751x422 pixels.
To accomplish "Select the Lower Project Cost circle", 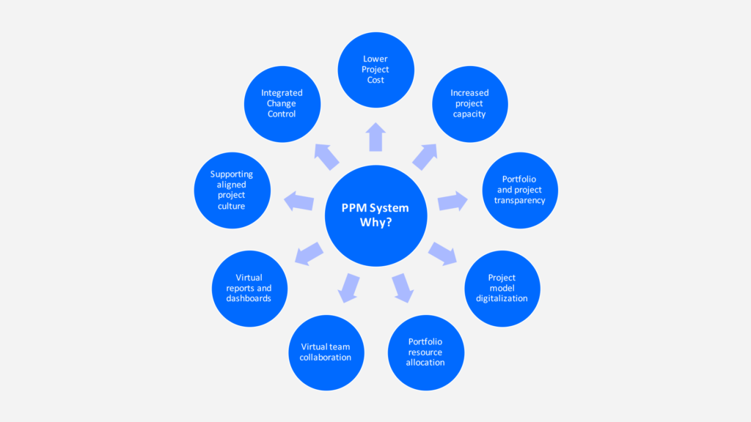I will pos(375,70).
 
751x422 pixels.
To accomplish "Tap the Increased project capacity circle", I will pos(469,103).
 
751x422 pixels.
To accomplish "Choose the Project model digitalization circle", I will pos(502,288).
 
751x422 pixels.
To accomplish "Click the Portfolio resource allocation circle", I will pos(425,352).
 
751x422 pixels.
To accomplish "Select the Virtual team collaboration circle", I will pos(326,352).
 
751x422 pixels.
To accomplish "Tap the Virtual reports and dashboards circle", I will pos(249,288).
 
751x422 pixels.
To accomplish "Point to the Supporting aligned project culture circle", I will pos(232,190).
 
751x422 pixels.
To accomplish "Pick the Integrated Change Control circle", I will pos(282,103).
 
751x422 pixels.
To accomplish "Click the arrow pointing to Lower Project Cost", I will pos(375,137).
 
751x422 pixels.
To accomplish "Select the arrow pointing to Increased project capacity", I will pos(425,156).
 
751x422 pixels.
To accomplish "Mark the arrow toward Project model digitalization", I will pos(442,253).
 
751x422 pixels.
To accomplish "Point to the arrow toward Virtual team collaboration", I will pos(349,287).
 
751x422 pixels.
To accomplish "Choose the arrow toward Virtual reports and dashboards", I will pos(309,253).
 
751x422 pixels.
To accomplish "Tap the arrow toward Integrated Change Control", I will pos(326,156).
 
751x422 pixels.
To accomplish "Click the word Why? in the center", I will pos(375,223).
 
